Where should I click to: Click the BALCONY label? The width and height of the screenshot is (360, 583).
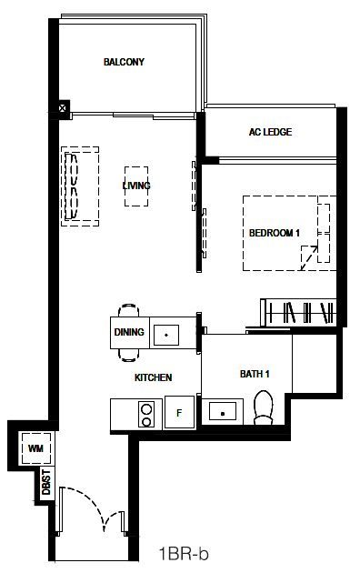pyautogui.click(x=124, y=62)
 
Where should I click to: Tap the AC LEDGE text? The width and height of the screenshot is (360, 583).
pyautogui.click(x=270, y=132)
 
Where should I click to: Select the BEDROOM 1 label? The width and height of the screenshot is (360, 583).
pyautogui.click(x=275, y=233)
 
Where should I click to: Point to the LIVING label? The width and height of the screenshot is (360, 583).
pyautogui.click(x=136, y=186)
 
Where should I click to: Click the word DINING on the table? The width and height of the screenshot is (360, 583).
pyautogui.click(x=129, y=332)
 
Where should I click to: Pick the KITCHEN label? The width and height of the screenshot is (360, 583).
pyautogui.click(x=153, y=377)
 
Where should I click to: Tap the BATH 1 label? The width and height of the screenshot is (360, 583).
pyautogui.click(x=255, y=374)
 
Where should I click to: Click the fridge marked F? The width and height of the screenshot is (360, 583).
pyautogui.click(x=179, y=412)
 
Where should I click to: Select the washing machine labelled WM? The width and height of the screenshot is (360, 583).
pyautogui.click(x=35, y=448)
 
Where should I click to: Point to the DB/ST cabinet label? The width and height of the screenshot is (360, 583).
pyautogui.click(x=46, y=482)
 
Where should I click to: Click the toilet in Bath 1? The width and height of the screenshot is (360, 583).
pyautogui.click(x=263, y=407)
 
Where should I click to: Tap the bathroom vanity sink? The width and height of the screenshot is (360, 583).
pyautogui.click(x=222, y=412)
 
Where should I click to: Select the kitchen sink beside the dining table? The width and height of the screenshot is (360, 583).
pyautogui.click(x=166, y=335)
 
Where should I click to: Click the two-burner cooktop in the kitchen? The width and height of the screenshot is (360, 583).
pyautogui.click(x=146, y=415)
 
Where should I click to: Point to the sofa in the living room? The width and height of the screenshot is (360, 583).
pyautogui.click(x=80, y=186)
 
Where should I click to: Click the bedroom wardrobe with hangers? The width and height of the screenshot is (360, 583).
pyautogui.click(x=299, y=312)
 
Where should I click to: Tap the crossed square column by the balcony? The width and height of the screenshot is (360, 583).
pyautogui.click(x=64, y=108)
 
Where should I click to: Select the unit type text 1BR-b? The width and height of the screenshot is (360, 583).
pyautogui.click(x=184, y=554)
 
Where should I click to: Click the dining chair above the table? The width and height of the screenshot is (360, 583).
pyautogui.click(x=128, y=310)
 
